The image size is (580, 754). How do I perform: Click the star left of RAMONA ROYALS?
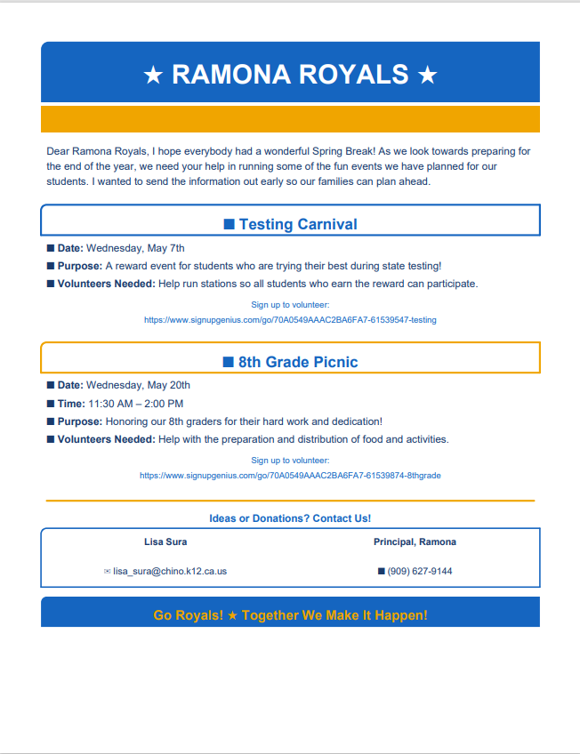coord(153,75)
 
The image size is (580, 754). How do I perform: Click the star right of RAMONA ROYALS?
coord(427,75)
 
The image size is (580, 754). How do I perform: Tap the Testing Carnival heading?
coord(298,224)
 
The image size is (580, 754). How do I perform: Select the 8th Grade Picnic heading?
coord(298,362)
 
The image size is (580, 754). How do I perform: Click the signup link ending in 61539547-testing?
coord(290,319)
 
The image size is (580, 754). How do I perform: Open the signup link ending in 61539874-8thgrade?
coord(290,476)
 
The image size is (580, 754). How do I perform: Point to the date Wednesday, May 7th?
coord(135,248)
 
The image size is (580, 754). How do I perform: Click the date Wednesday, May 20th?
coord(138,385)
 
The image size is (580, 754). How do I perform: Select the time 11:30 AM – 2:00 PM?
coord(135,403)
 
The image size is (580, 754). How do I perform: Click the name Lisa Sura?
coord(165,541)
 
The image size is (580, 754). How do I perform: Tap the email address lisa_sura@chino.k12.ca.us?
coord(170,571)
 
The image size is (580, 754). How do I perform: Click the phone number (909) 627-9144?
coord(420,571)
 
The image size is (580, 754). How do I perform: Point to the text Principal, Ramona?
coord(415,541)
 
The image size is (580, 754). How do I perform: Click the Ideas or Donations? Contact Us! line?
coord(290,518)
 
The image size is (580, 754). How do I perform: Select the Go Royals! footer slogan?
coord(290,615)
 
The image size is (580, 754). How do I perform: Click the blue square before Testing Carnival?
coord(229,224)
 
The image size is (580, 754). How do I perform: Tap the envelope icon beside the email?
coord(108,571)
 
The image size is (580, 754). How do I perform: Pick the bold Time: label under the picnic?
coord(71,403)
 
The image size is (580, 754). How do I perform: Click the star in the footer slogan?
coord(233,615)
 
